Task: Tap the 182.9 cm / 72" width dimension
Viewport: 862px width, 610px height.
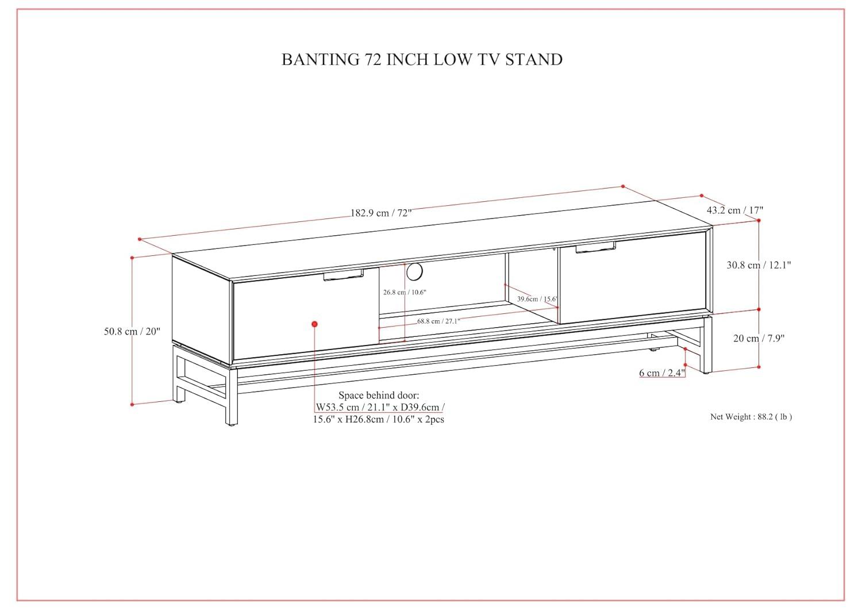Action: click(381, 213)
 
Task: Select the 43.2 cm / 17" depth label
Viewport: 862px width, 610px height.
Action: click(734, 210)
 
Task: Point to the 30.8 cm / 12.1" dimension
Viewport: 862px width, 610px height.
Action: click(759, 265)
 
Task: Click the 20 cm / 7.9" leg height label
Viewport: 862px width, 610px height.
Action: click(759, 338)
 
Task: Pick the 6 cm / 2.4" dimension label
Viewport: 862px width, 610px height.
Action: click(662, 373)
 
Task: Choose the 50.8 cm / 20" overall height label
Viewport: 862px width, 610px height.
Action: click(132, 331)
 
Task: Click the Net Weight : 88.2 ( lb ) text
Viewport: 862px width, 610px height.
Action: click(751, 417)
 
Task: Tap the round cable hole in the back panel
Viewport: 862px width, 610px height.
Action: click(414, 271)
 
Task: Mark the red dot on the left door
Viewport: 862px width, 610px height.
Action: click(314, 324)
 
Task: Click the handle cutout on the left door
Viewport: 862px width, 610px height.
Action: click(343, 276)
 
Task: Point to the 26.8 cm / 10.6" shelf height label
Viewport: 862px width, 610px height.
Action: click(405, 292)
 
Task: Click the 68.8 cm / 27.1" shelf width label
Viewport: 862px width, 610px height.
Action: click(438, 321)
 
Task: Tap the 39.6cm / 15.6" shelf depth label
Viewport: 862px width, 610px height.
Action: click(537, 299)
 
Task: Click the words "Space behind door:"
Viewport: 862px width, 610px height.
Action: click(379, 395)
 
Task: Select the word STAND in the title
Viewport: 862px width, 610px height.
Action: click(533, 60)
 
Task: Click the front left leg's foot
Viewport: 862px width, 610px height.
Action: click(231, 423)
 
